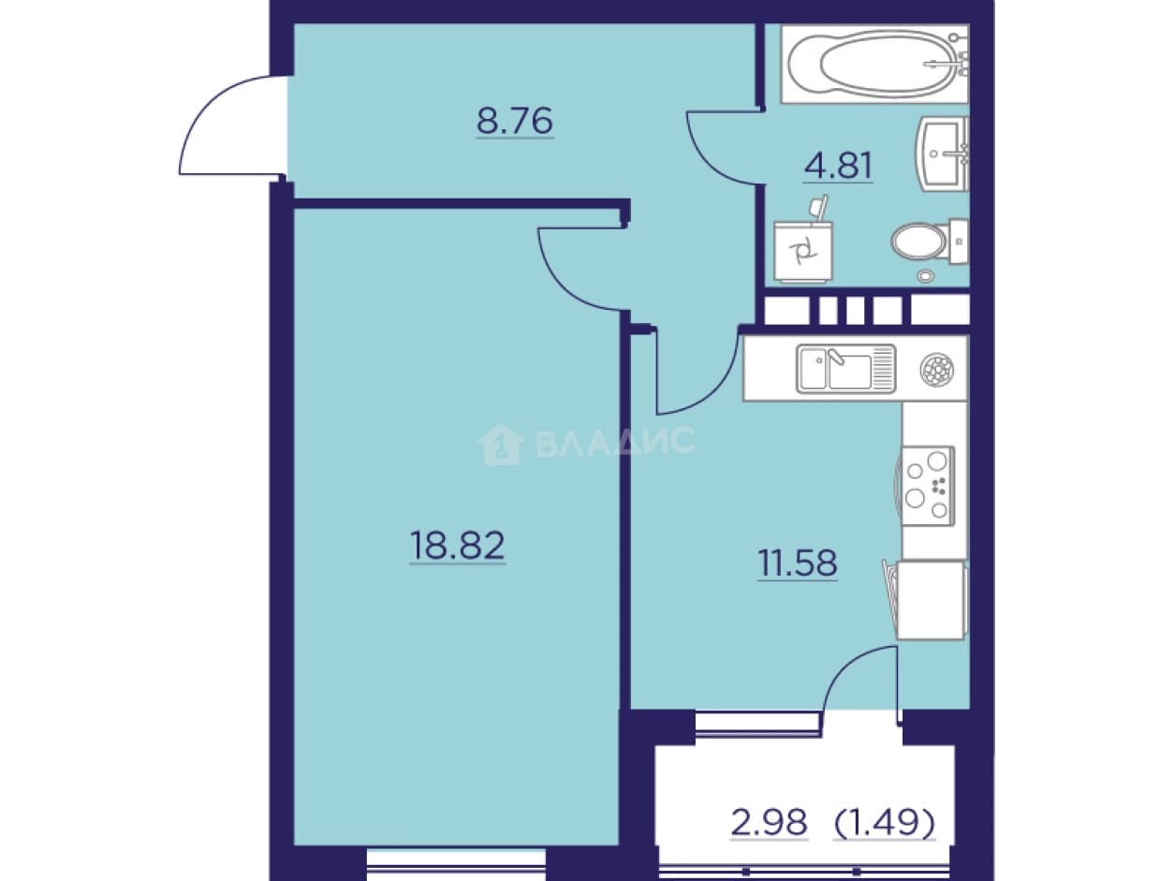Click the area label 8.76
point(515,122)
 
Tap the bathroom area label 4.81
point(838,166)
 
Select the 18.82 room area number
point(457,546)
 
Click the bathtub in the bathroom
point(874,64)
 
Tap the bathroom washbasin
point(941,154)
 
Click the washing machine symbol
point(803,252)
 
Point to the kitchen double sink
point(845,369)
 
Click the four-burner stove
point(928,486)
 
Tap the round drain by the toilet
point(926,276)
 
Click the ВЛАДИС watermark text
point(614,441)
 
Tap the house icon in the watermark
point(501,444)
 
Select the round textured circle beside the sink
point(936,369)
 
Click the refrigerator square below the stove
point(932,599)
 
